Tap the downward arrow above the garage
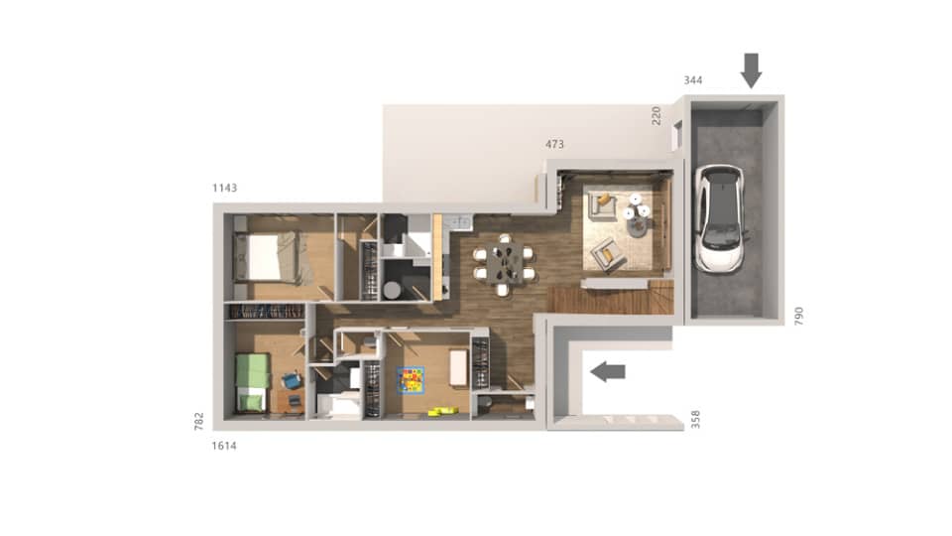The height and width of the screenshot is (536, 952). (751, 69)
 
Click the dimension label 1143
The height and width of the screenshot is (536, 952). (225, 188)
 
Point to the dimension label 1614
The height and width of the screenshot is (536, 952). (225, 446)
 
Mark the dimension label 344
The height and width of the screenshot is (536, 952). (693, 78)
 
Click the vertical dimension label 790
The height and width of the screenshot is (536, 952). (799, 316)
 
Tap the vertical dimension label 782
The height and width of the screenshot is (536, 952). (199, 422)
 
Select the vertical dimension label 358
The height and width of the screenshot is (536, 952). (695, 419)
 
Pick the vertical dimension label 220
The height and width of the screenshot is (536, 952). (655, 115)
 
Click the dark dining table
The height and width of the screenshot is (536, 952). (505, 264)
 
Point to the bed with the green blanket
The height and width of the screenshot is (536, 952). (253, 382)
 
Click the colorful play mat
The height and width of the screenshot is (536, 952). (411, 379)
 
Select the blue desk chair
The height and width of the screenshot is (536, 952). (292, 379)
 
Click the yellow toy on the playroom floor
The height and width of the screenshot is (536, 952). (437, 412)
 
